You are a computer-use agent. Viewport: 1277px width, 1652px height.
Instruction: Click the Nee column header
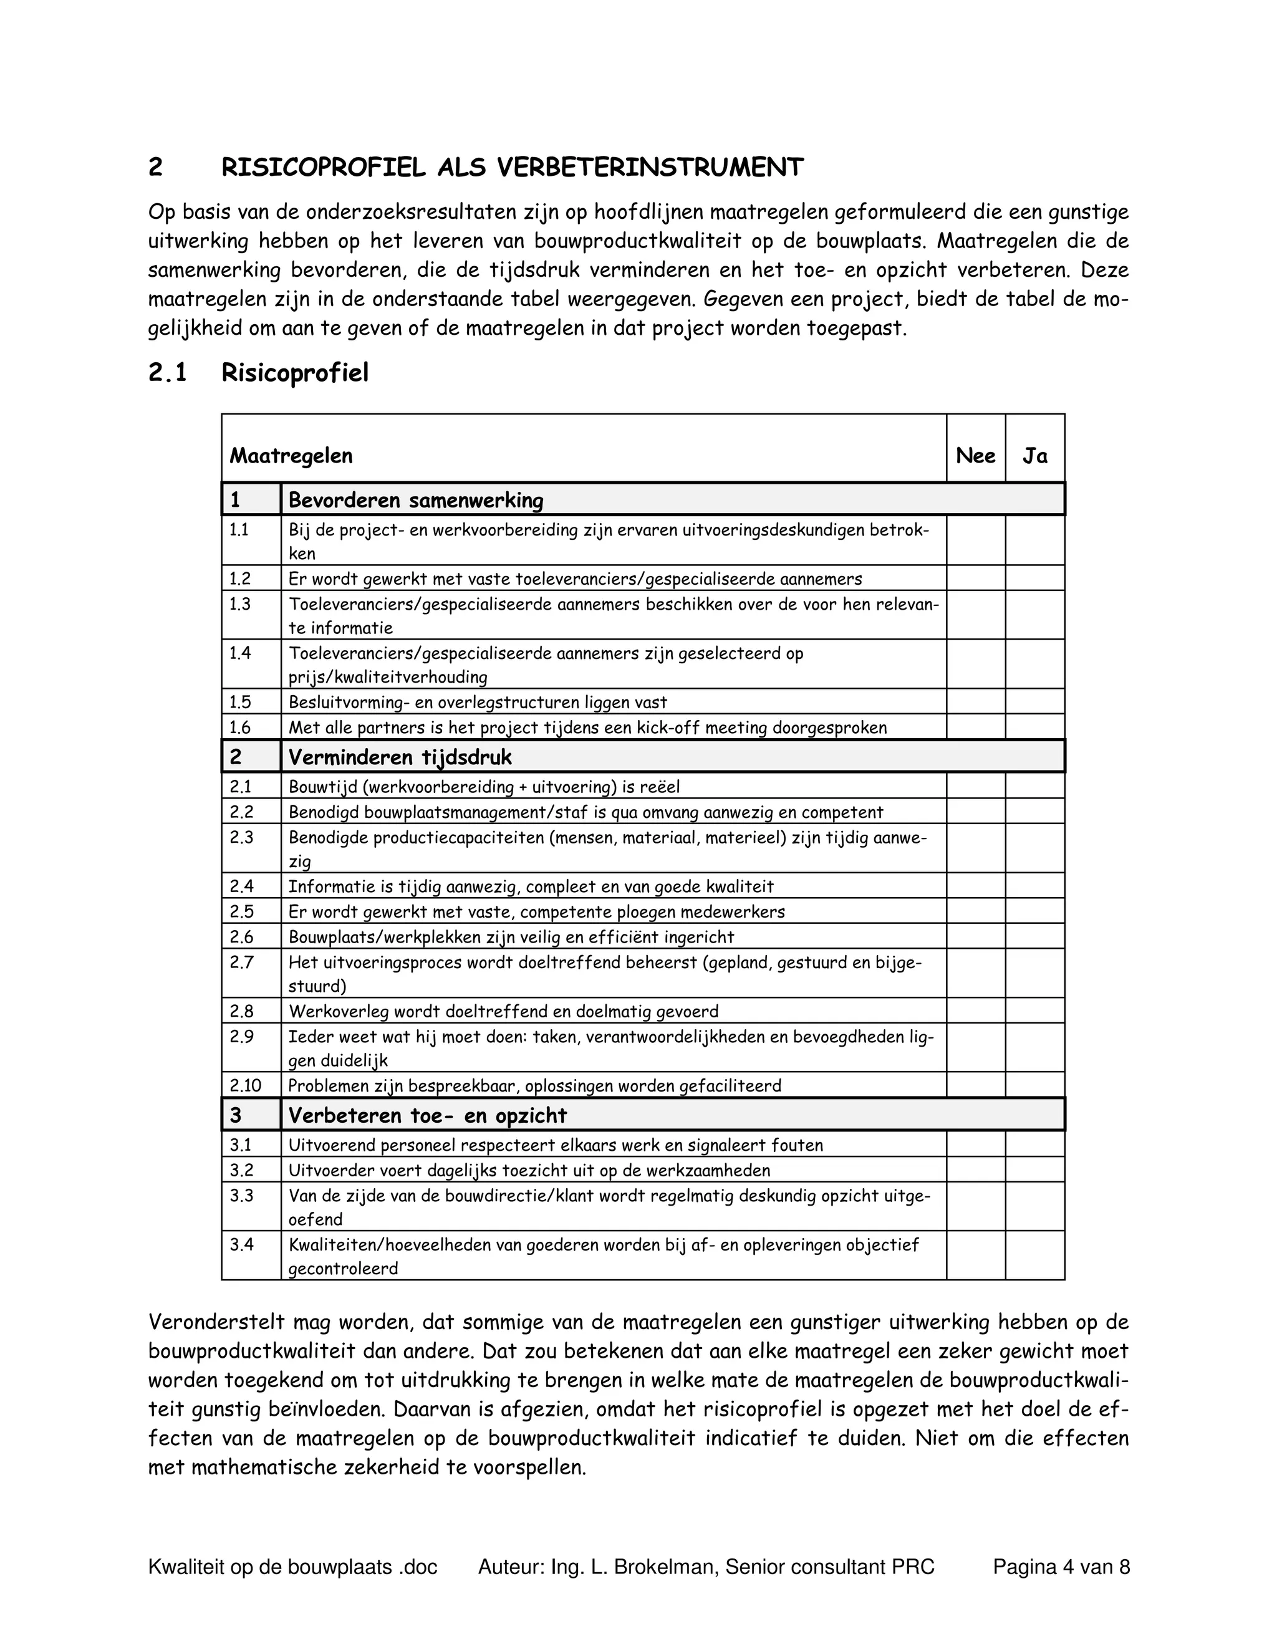(x=975, y=456)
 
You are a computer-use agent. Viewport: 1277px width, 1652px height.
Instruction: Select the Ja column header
(x=1034, y=456)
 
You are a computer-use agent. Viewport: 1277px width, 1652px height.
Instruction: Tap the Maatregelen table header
(x=291, y=456)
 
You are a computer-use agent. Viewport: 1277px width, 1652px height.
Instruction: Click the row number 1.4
(x=241, y=653)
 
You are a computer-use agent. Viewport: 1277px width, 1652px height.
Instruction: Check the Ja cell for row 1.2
(x=1034, y=579)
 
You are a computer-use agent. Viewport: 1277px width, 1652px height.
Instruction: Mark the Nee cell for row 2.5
(x=975, y=911)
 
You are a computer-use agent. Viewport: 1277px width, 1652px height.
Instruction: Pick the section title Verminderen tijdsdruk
(x=400, y=757)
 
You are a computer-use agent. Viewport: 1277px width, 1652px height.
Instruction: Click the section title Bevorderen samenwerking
(x=416, y=500)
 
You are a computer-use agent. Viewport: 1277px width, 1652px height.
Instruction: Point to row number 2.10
(x=246, y=1085)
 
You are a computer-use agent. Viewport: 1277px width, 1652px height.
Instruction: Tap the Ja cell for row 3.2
(x=1034, y=1170)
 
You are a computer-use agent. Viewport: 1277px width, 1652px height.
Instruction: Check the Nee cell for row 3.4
(x=975, y=1256)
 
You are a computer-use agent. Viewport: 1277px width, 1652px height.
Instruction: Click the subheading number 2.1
(x=168, y=373)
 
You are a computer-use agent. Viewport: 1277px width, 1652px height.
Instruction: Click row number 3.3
(x=241, y=1196)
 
